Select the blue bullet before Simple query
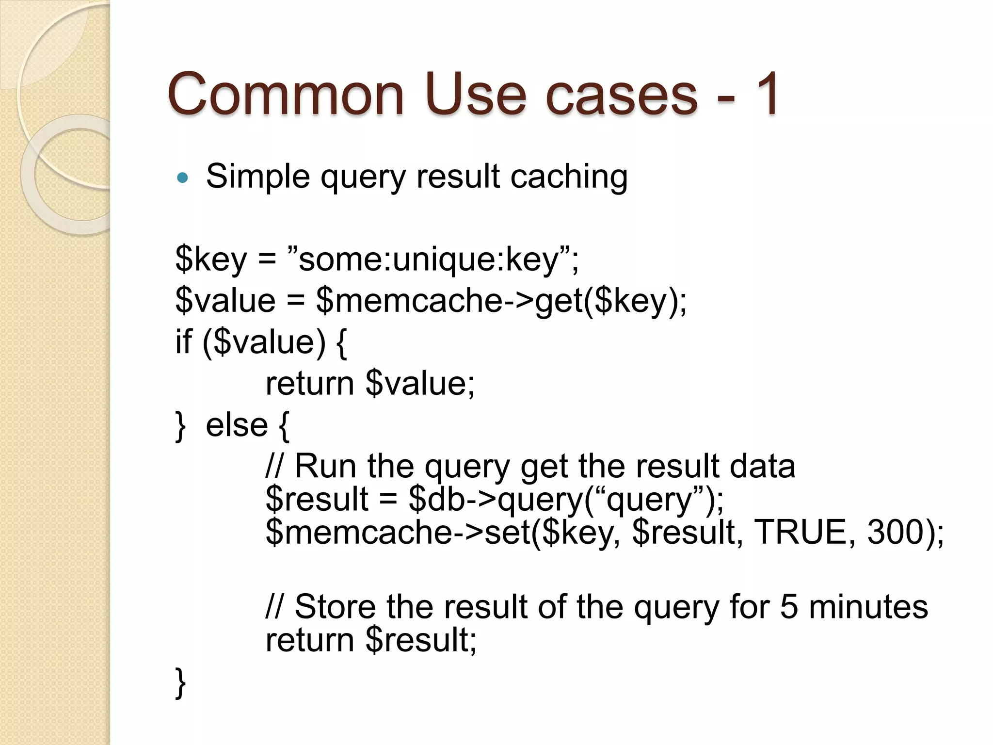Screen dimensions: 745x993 click(x=182, y=178)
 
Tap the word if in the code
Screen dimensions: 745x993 click(x=184, y=342)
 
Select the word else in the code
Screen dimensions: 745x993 click(x=237, y=425)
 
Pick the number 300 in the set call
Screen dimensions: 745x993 click(x=895, y=532)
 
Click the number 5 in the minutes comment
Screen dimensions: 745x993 click(x=789, y=607)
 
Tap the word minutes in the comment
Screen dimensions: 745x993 click(x=868, y=607)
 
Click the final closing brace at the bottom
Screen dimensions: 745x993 click(x=180, y=682)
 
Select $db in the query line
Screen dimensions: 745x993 click(x=437, y=499)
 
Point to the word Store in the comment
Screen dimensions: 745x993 click(x=335, y=607)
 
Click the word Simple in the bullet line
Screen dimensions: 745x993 click(x=257, y=177)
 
